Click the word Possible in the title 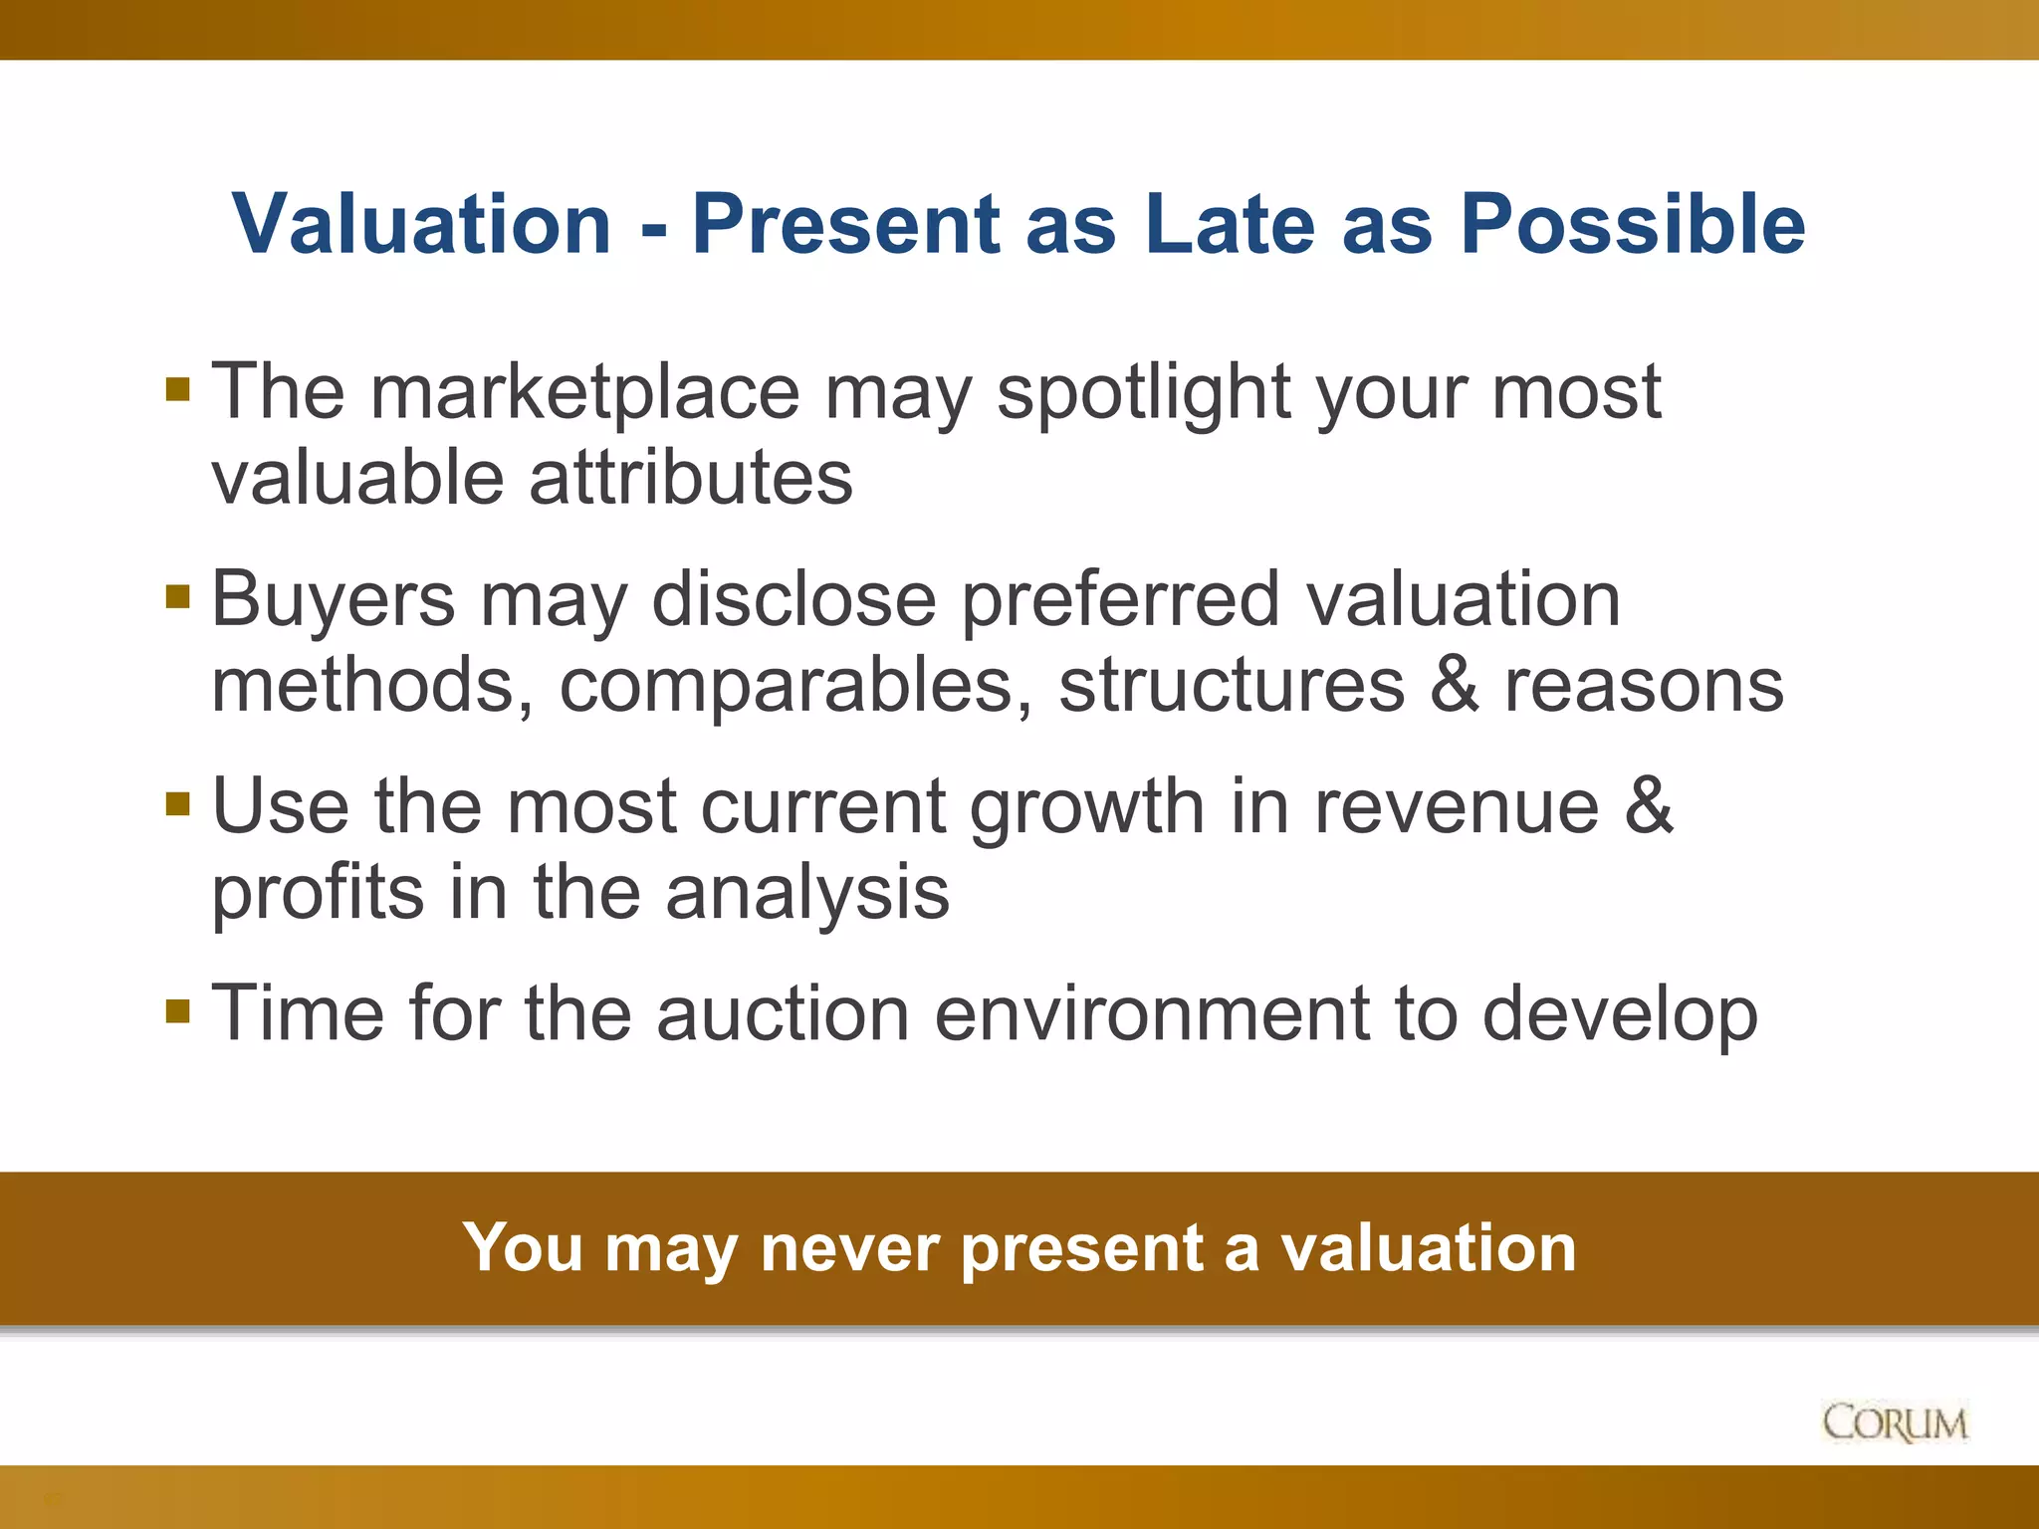(1632, 224)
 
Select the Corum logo (1895, 1422)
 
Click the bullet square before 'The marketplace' (178, 389)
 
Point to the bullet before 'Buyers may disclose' (178, 597)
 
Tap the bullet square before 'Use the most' (178, 803)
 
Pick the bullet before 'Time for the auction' (178, 1011)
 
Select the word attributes (691, 478)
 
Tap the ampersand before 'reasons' (1455, 685)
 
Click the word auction (783, 1013)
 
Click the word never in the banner (849, 1247)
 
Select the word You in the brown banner (522, 1247)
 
